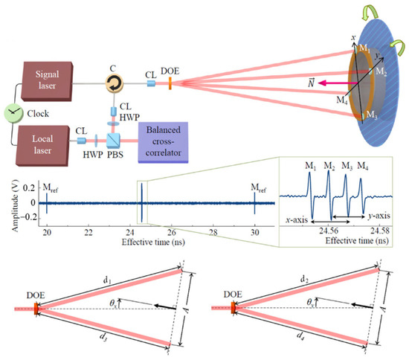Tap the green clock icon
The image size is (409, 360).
14,112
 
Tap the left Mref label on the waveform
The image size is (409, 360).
50,190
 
